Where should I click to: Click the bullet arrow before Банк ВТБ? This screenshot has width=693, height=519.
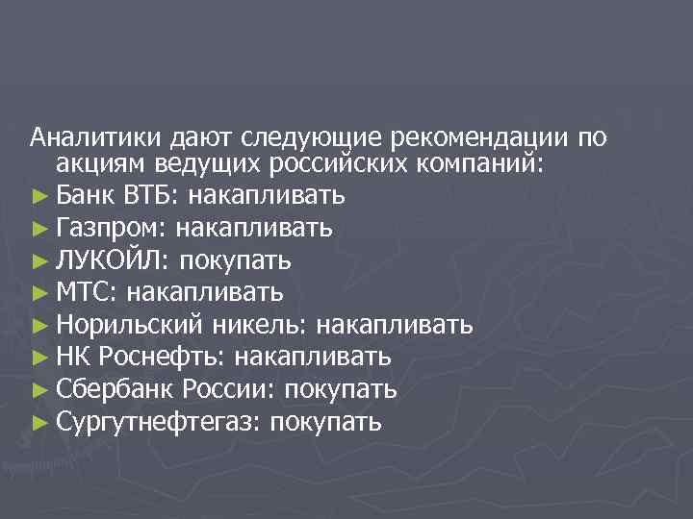[x=38, y=197]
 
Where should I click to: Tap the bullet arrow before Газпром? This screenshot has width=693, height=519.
[x=38, y=230]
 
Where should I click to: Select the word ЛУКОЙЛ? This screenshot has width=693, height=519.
[x=112, y=260]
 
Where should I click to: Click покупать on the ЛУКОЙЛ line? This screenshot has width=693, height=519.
[x=236, y=260]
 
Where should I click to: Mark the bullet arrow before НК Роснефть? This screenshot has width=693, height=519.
[x=38, y=358]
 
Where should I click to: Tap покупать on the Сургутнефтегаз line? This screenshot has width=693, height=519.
[x=325, y=421]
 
